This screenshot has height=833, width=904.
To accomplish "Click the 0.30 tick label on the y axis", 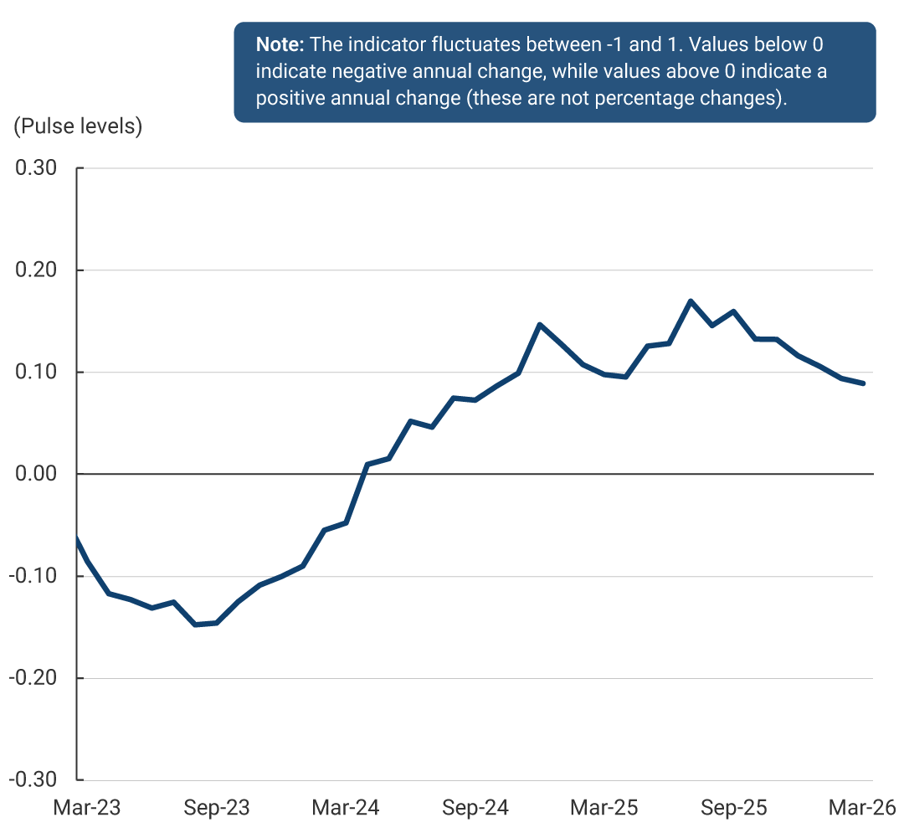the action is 36,167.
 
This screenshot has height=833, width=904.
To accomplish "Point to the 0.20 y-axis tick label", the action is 36,270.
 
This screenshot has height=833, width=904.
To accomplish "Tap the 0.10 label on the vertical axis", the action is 36,372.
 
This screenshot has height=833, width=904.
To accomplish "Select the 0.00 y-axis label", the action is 36,474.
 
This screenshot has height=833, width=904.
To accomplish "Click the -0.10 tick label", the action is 33,576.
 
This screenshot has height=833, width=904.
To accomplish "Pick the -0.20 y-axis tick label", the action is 33,678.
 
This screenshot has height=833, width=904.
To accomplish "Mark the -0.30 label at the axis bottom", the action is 33,780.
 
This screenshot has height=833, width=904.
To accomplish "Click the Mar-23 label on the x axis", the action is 87,808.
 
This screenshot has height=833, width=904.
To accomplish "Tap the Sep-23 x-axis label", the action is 217,808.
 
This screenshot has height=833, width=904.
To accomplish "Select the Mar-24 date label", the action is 346,808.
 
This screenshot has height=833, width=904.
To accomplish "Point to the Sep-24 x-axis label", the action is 475,808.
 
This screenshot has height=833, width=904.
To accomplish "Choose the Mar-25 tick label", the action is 604,808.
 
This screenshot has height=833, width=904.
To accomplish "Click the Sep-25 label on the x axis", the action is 734,808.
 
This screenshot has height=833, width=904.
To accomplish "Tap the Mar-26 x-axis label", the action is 862,808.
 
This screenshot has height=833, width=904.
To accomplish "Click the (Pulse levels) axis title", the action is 78,126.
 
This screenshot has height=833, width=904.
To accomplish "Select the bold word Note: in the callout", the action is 280,44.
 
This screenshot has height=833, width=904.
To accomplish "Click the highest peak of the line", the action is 691,301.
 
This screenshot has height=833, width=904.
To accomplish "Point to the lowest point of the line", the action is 195,625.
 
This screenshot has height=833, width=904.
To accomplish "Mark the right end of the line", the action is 863,383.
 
